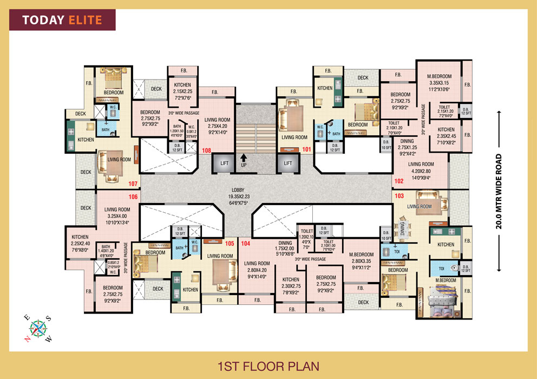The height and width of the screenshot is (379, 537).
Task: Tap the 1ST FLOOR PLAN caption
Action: (268, 365)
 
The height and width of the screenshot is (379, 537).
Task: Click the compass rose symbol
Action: (38, 326)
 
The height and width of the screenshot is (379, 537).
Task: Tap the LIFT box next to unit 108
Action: (223, 162)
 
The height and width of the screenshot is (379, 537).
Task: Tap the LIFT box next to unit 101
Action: (288, 162)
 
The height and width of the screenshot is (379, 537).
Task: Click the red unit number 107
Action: (133, 184)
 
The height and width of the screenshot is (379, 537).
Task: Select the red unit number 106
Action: (133, 197)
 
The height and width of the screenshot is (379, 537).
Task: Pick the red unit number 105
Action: (229, 243)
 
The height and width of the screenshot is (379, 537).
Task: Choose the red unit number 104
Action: (246, 243)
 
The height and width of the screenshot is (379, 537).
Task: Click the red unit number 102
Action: (399, 181)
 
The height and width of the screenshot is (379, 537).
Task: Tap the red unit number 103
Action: (399, 195)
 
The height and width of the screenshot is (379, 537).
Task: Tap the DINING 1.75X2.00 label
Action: (285, 249)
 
